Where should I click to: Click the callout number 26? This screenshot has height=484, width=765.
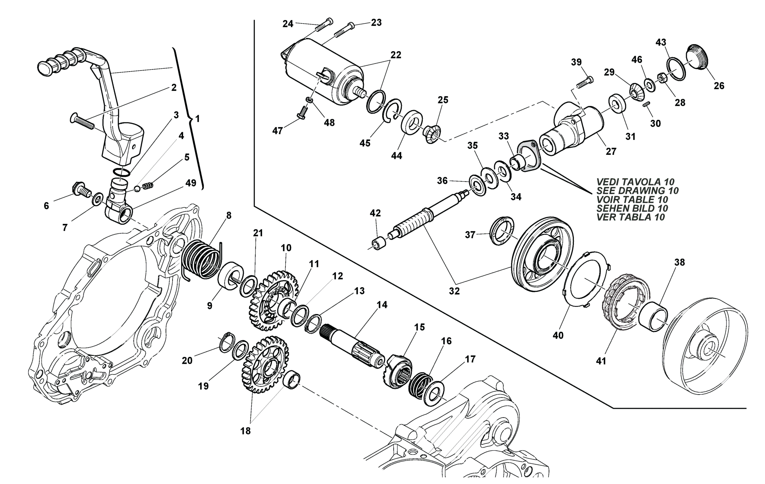719,86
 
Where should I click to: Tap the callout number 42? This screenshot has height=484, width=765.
375,213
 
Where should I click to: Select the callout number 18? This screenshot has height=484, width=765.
246,431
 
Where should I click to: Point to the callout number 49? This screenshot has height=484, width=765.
191,183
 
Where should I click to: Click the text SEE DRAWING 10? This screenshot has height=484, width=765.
637,191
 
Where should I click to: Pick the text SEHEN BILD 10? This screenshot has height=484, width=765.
632,208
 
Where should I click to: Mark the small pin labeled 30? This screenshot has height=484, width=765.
646,104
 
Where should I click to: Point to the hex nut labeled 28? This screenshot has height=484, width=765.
661,77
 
